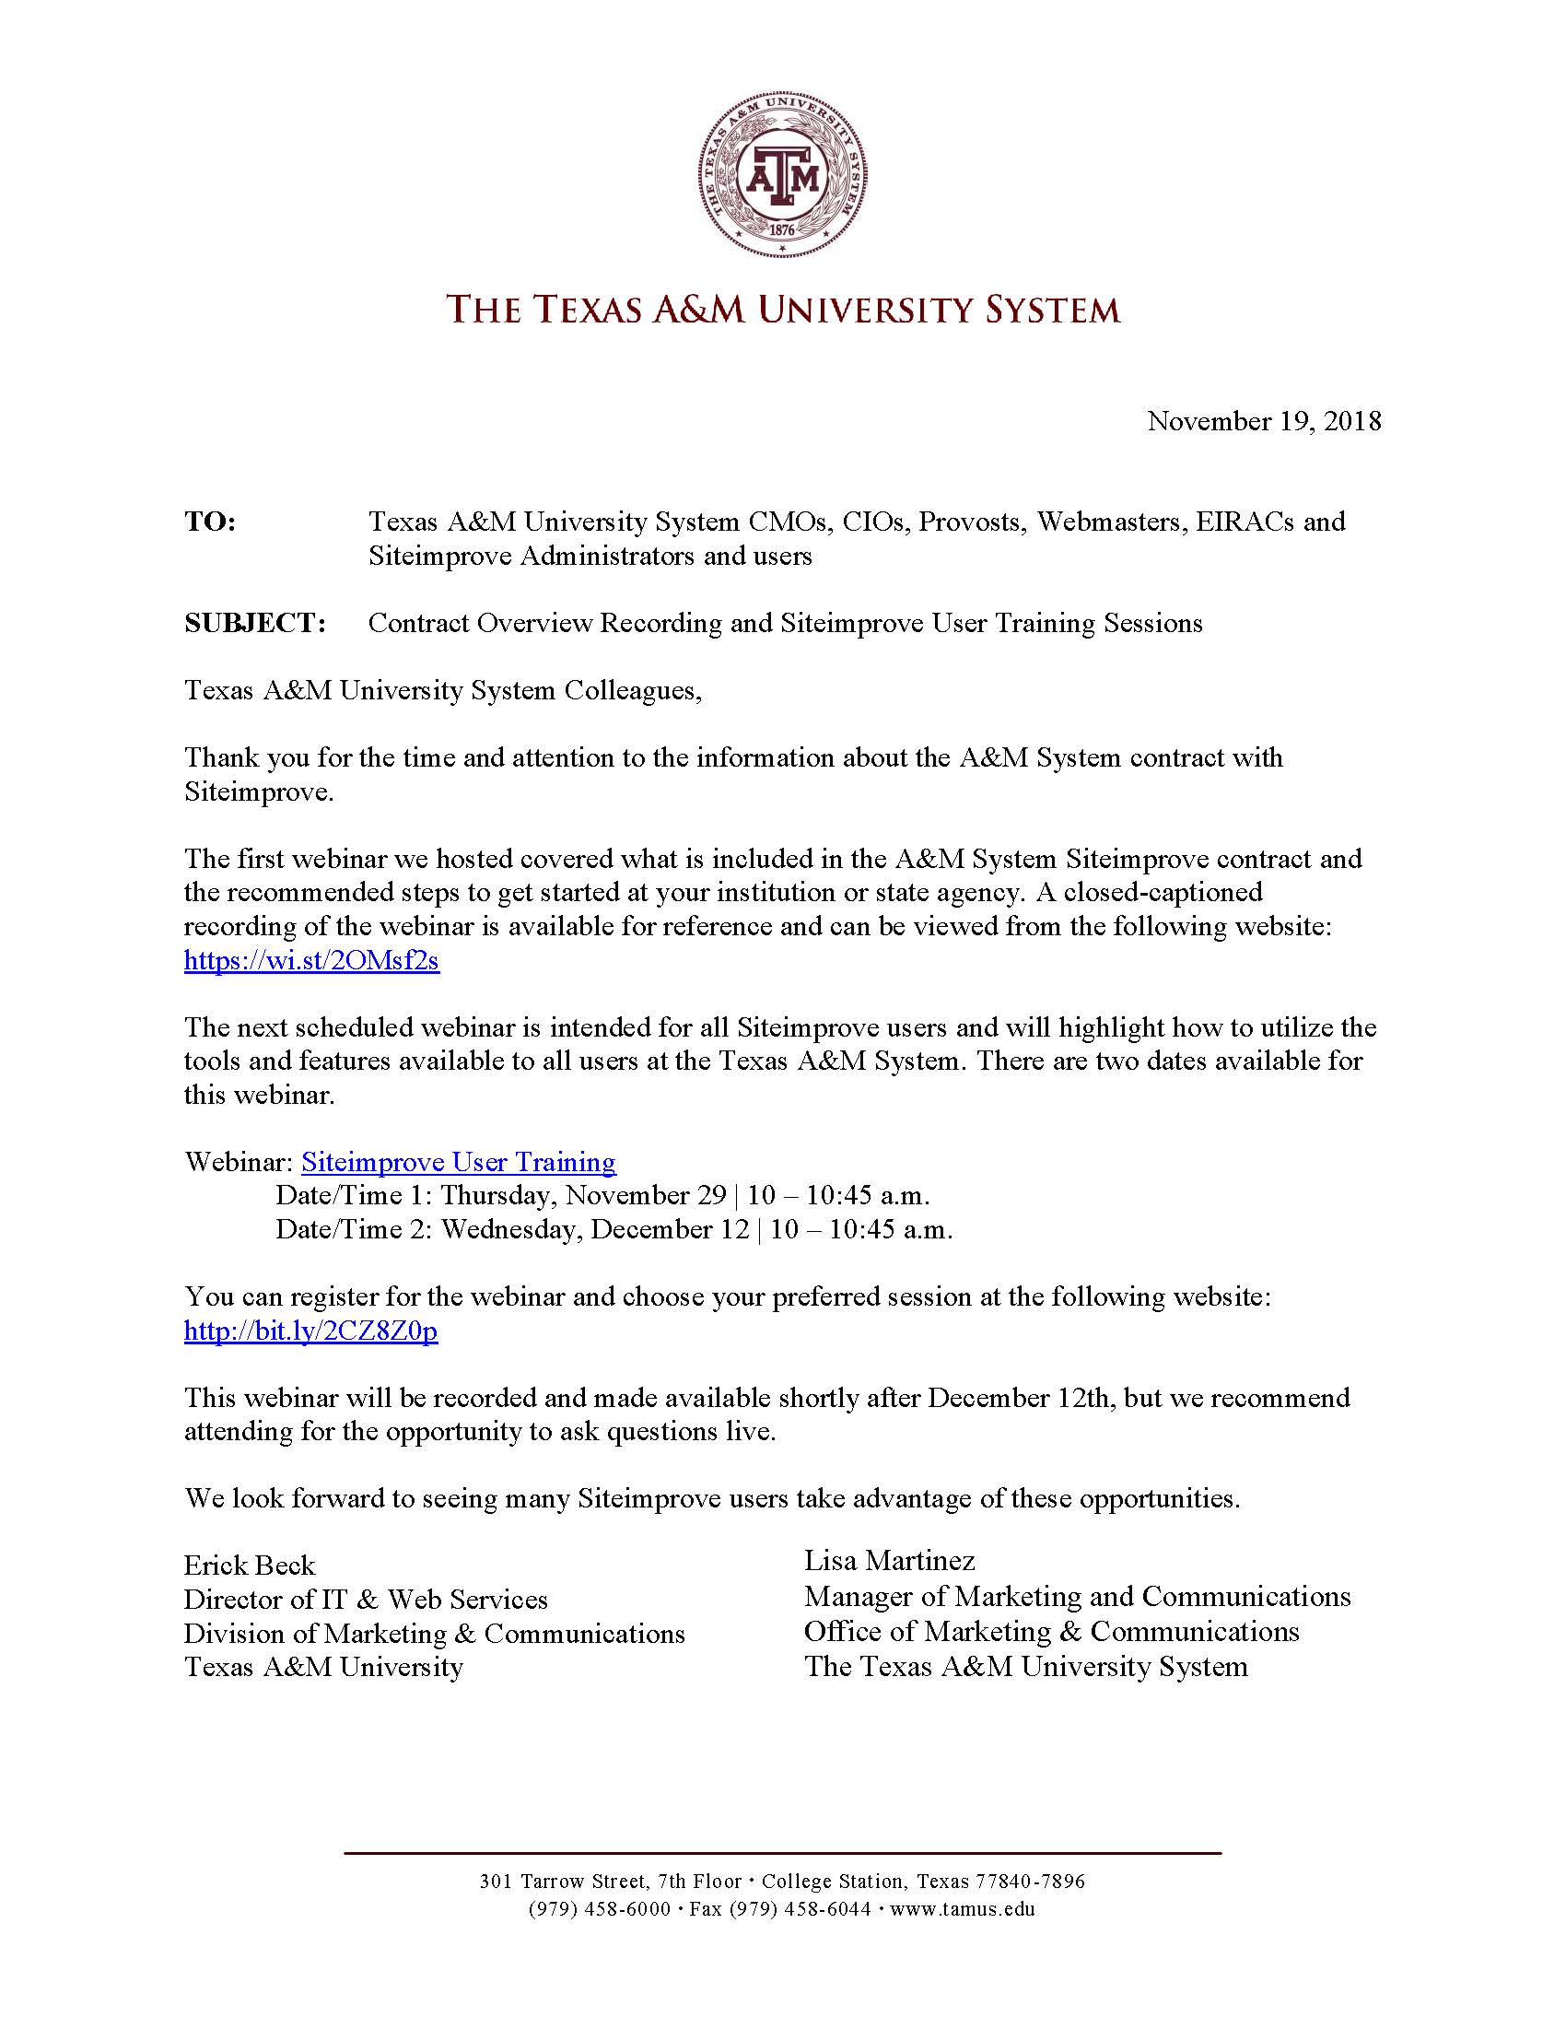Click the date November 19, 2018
(x=1263, y=421)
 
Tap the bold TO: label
(x=211, y=522)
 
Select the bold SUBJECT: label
(x=255, y=624)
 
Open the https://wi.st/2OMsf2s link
(x=311, y=961)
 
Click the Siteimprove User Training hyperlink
(x=458, y=1162)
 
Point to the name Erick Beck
(x=250, y=1566)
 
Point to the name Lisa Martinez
(x=889, y=1561)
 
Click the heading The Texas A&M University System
(x=783, y=310)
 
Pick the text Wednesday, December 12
(x=595, y=1230)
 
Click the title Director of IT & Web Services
(x=366, y=1600)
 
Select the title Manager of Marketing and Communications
(x=1077, y=1597)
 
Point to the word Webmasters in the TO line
(x=1106, y=522)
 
